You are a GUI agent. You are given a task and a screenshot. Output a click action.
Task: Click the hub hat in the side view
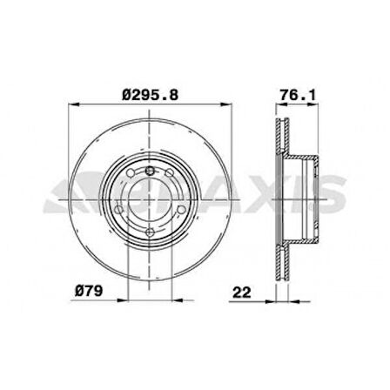(305, 199)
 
